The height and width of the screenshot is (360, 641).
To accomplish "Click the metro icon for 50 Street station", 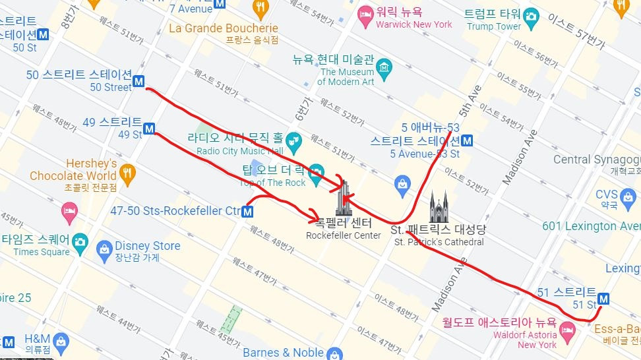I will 139,82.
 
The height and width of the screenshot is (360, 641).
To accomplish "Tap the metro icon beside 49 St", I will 149,129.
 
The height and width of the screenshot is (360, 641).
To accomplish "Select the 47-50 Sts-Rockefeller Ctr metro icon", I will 248,212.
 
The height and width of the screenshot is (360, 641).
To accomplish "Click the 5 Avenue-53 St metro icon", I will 467,140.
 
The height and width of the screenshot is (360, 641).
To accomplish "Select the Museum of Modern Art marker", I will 384,67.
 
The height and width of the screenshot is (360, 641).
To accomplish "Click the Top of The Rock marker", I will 316,170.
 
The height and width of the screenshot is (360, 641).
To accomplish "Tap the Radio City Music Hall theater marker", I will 293,139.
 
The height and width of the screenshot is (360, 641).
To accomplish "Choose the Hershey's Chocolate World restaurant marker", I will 127,171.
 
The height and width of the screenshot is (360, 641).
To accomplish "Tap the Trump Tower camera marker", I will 531,15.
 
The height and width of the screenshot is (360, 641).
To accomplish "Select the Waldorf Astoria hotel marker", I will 566,329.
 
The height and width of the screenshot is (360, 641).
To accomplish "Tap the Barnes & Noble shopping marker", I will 334,353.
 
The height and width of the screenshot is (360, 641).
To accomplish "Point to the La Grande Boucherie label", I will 224,28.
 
